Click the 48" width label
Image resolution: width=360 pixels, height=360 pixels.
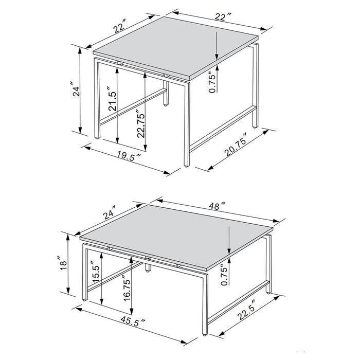pos(217,207)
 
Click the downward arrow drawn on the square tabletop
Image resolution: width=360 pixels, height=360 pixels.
pos(218,46)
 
